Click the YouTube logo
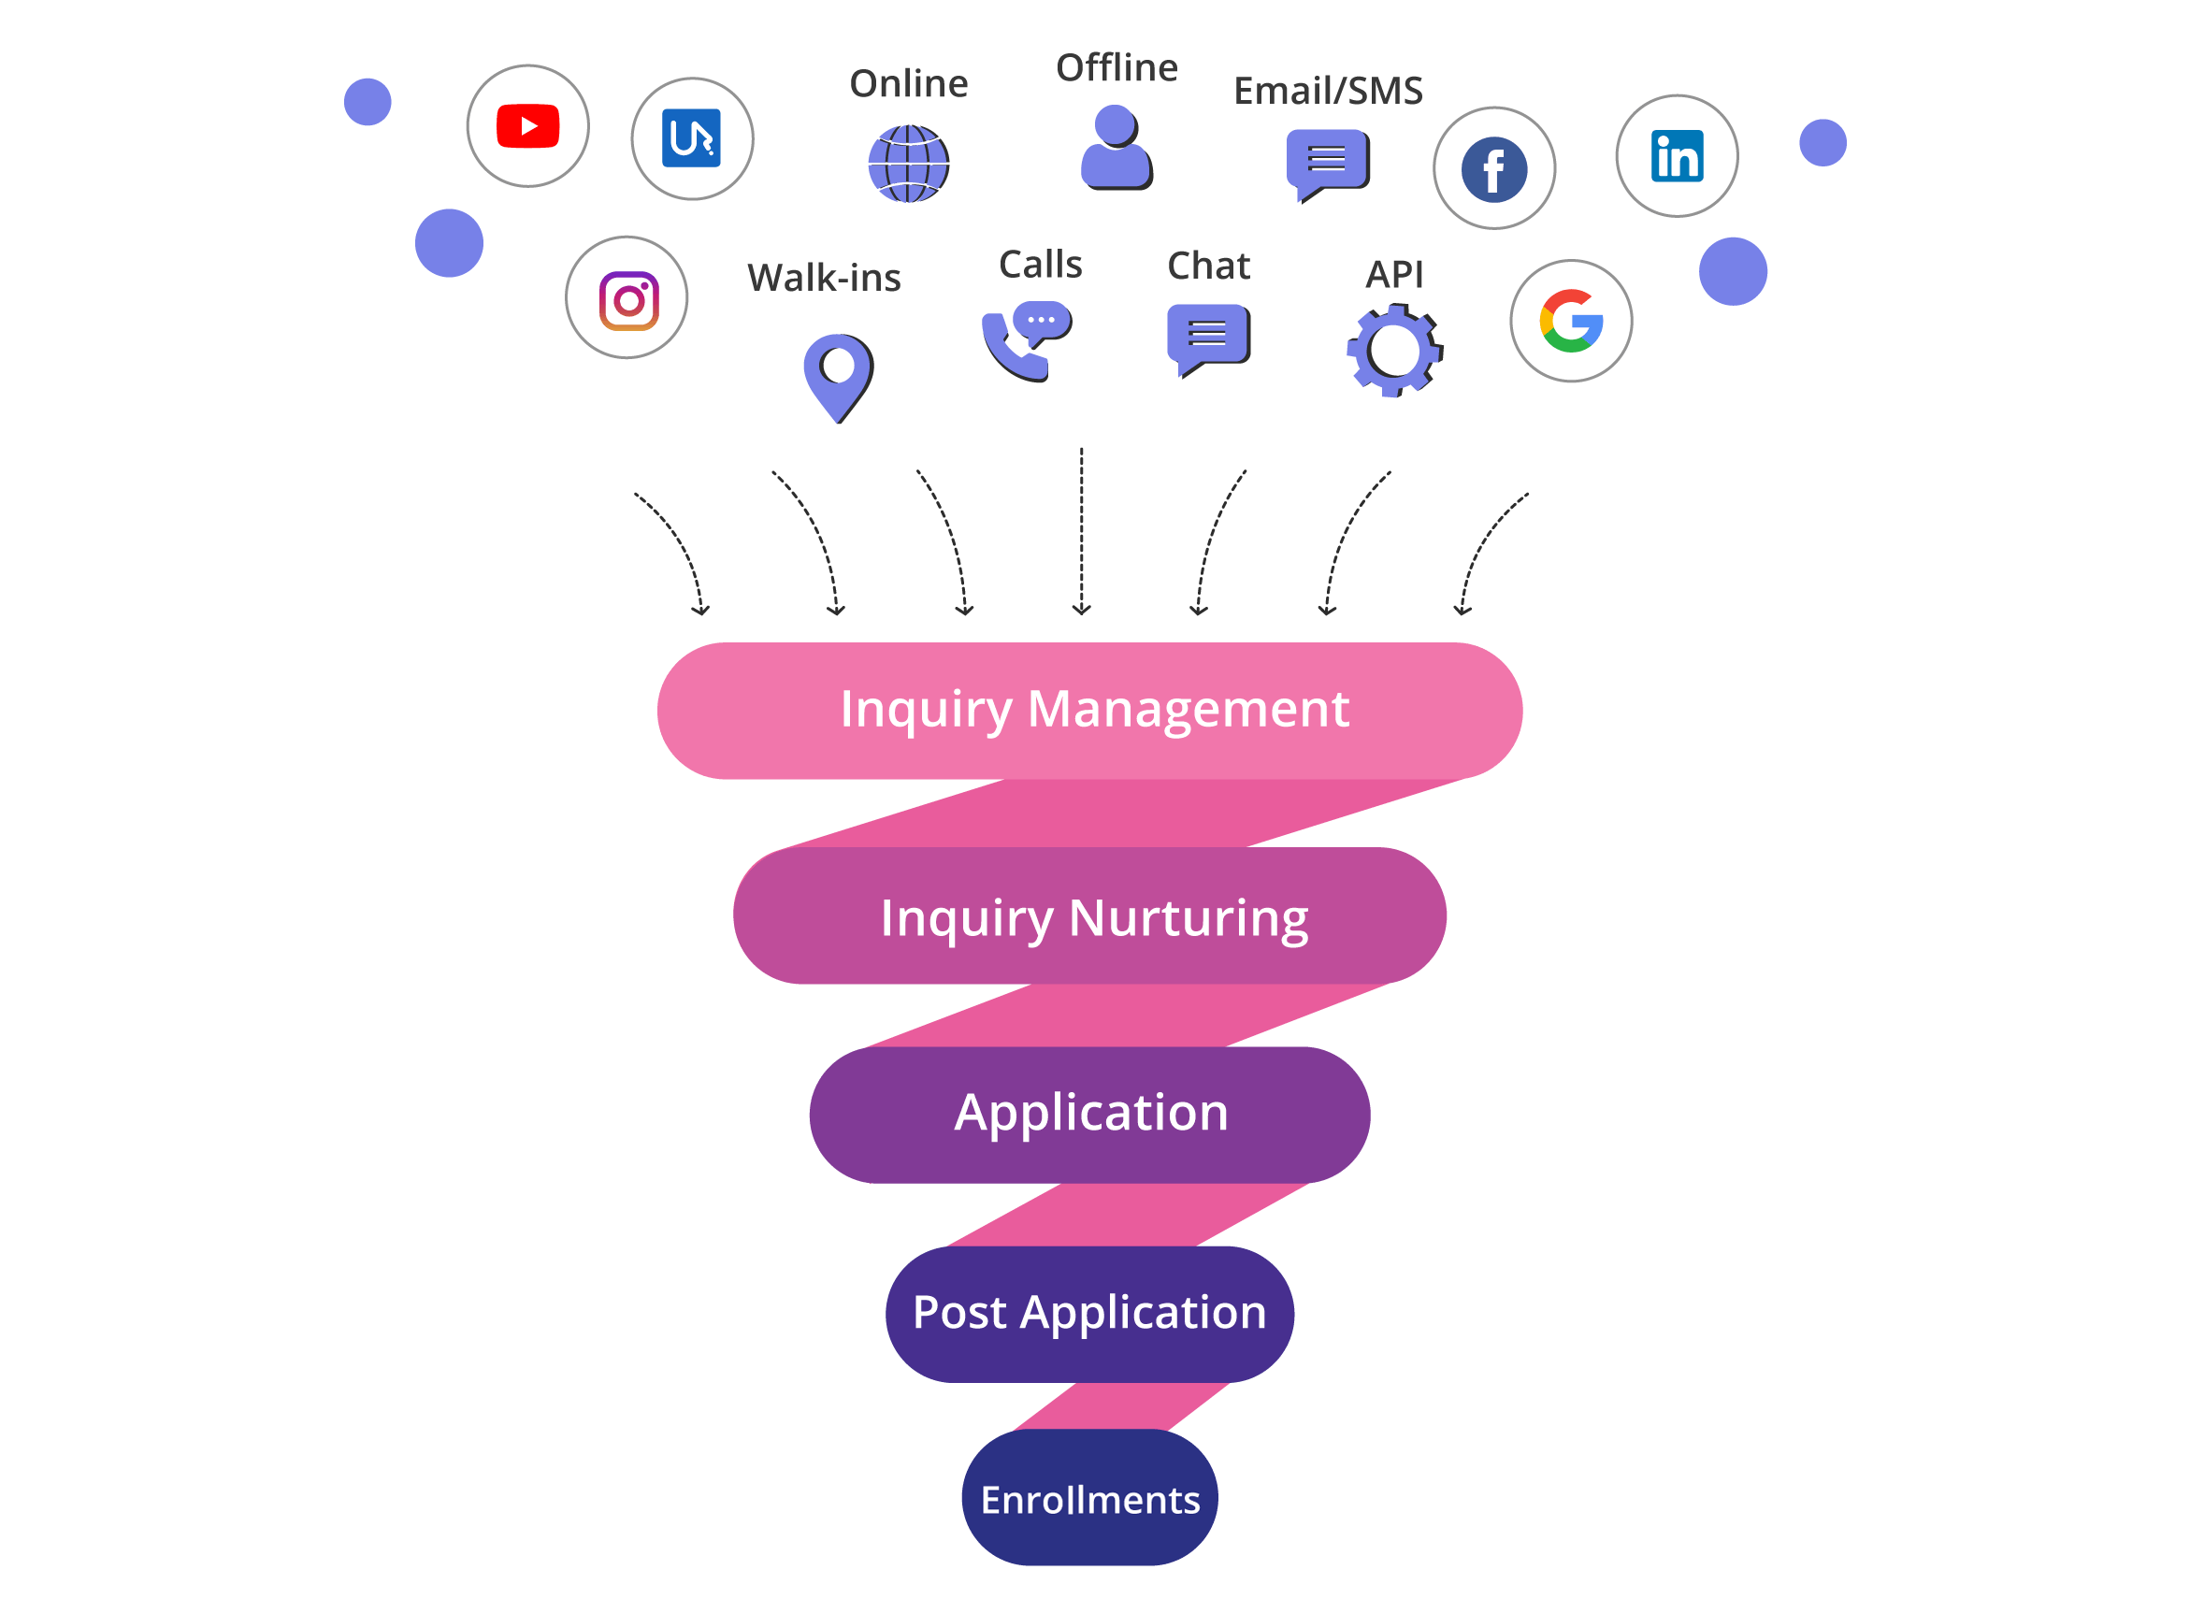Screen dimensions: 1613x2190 click(527, 126)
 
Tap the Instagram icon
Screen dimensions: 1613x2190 click(627, 300)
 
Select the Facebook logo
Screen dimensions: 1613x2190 click(1494, 169)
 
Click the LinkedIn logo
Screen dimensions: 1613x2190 click(1677, 156)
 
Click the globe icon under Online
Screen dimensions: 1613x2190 click(908, 164)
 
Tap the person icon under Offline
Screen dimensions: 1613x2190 click(1116, 149)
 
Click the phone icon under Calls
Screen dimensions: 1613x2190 click(1023, 340)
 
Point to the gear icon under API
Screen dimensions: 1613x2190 click(1393, 352)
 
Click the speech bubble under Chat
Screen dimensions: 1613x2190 click(1208, 337)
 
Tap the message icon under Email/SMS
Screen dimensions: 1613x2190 click(1327, 162)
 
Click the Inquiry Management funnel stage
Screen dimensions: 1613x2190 click(1089, 710)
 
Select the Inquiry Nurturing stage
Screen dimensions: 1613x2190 click(1089, 915)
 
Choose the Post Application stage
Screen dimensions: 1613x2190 click(1089, 1311)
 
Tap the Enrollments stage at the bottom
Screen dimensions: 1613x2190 click(1089, 1499)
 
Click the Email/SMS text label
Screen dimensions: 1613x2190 click(1328, 91)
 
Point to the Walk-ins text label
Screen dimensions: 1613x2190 click(823, 278)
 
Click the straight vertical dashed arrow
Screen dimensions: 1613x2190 click(1081, 532)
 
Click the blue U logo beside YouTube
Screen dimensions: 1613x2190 click(691, 138)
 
